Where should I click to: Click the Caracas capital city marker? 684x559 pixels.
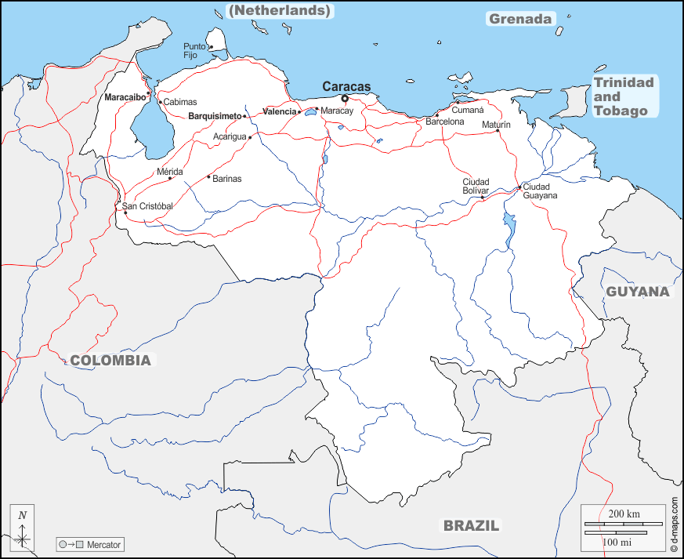tap(345, 99)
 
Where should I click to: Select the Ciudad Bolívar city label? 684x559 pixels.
tap(476, 186)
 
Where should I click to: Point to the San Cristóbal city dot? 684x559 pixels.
tap(125, 212)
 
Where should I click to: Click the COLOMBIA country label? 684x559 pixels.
tap(110, 361)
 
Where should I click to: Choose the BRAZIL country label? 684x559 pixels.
tap(471, 525)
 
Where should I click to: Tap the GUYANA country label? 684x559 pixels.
tap(638, 292)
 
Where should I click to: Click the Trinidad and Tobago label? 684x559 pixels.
tap(624, 96)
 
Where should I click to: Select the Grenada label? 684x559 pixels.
tap(520, 19)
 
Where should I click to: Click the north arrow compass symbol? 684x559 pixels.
tap(23, 528)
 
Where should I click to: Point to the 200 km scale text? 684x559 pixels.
tap(624, 514)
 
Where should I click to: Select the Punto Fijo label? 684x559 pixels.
tap(194, 51)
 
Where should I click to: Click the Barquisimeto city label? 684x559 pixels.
tap(215, 116)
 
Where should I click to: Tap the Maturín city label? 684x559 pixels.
tap(496, 125)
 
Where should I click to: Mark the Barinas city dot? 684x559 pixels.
tap(208, 176)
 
